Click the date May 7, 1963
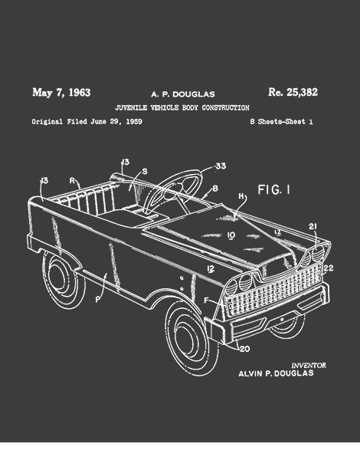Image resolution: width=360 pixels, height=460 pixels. click(x=61, y=93)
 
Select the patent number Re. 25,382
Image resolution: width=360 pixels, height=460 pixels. click(x=293, y=93)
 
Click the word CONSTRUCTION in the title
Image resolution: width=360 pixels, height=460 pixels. click(x=225, y=107)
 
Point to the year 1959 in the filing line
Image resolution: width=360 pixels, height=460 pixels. click(x=134, y=121)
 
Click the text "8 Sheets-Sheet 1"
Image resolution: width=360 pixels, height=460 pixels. click(x=281, y=121)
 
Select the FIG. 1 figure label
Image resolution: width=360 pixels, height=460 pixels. click(x=273, y=190)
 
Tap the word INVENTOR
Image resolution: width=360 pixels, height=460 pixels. click(x=309, y=365)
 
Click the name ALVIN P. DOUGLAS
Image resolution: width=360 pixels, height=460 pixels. click(x=276, y=373)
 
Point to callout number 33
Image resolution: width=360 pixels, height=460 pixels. click(x=221, y=166)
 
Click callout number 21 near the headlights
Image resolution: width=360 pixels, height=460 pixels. click(x=313, y=226)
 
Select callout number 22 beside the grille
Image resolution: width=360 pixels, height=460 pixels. click(x=329, y=268)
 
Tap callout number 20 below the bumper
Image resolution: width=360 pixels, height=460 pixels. click(x=245, y=349)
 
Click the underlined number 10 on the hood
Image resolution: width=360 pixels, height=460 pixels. click(x=231, y=235)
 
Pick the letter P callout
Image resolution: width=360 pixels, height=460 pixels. click(x=98, y=300)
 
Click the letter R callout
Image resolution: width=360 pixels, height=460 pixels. click(x=72, y=181)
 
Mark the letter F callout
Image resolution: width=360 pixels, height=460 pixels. click(x=206, y=300)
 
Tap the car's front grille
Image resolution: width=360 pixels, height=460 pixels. click(x=273, y=289)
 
